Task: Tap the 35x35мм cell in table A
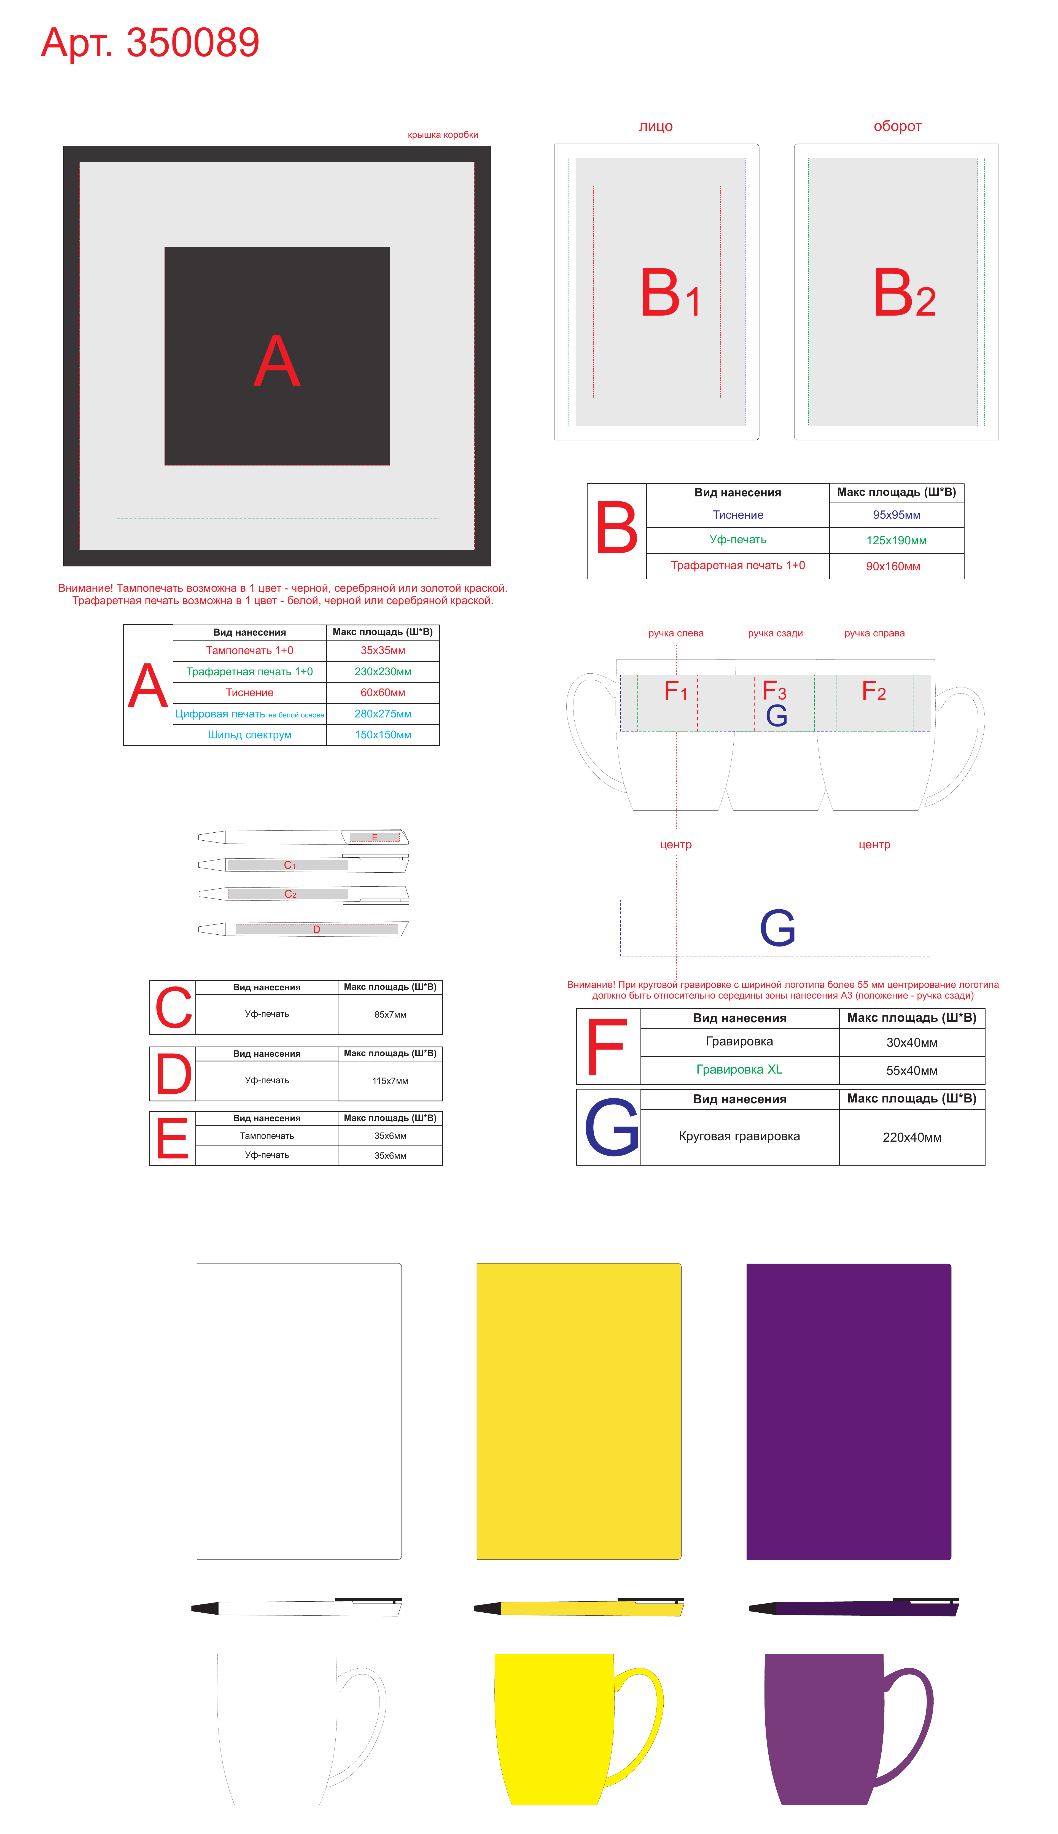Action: [x=383, y=650]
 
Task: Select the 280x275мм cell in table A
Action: [x=383, y=714]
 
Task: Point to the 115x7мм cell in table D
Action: [x=390, y=1080]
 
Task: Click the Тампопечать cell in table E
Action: [x=267, y=1136]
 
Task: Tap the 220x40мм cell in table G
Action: [x=912, y=1137]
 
